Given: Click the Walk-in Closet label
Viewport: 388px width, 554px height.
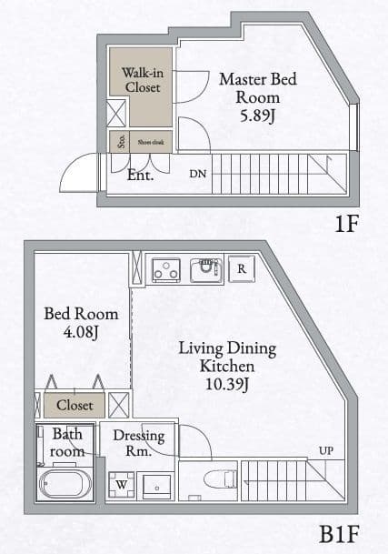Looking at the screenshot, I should coord(142,80).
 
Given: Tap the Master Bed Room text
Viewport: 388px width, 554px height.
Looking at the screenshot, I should coord(257,88).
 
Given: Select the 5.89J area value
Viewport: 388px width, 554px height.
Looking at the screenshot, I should coord(257,116).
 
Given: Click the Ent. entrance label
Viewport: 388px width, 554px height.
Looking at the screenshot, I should coord(140,175).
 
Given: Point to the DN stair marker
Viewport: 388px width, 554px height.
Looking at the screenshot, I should coord(198,173).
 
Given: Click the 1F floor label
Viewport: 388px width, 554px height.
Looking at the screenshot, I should coord(346,225).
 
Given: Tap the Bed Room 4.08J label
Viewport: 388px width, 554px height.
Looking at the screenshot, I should coord(81,323).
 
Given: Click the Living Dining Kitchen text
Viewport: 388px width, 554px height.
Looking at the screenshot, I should coord(226,358).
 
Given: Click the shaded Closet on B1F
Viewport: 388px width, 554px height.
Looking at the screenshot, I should coord(75,405).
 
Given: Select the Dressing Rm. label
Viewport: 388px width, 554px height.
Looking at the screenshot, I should coord(139,443).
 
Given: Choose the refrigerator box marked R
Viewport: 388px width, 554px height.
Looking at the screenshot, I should coord(242,268).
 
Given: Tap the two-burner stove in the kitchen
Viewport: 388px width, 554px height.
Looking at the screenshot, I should coord(164,269).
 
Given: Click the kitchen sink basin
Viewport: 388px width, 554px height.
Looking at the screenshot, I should coord(206,270).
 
